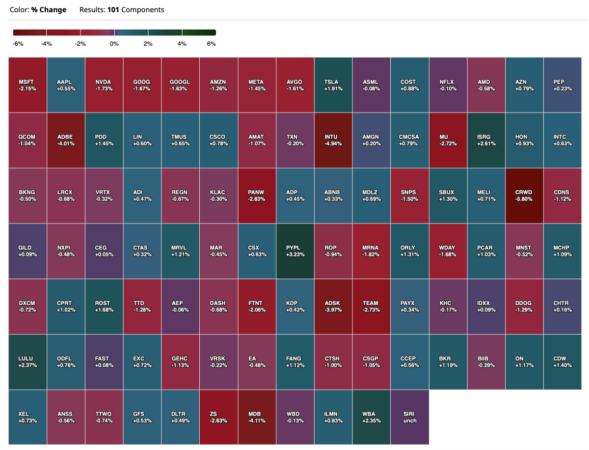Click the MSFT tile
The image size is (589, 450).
point(27,85)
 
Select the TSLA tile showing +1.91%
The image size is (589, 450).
point(333,85)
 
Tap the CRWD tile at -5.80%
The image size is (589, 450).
point(524,196)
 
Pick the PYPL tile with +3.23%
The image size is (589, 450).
point(294,251)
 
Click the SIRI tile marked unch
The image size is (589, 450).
point(409,417)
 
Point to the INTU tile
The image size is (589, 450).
point(333,140)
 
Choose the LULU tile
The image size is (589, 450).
point(27,362)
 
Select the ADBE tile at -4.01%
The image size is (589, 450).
point(66,140)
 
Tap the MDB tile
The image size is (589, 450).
point(257,417)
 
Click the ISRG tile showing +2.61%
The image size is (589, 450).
point(485,140)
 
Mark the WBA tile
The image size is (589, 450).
point(371,417)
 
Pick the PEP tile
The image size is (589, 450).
point(562,85)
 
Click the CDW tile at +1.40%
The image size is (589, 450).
point(562,362)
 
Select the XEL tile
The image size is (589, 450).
point(27,417)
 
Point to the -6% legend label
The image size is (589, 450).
point(18,44)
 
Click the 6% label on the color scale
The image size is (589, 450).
point(212,44)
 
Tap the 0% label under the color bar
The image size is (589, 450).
point(114,44)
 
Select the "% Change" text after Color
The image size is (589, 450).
point(49,10)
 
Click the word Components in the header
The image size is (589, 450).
point(142,10)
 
